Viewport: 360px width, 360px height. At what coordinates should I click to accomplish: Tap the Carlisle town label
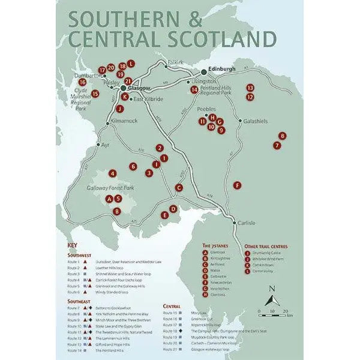[x=246, y=223]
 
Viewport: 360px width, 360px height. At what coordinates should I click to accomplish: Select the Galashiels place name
[x=254, y=121]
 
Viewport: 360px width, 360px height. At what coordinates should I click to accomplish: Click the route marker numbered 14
[x=194, y=89]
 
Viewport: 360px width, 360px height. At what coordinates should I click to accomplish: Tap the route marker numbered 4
[x=112, y=174]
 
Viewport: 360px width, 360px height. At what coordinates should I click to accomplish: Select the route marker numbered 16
[x=83, y=82]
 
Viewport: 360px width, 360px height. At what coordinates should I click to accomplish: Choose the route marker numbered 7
[x=277, y=145]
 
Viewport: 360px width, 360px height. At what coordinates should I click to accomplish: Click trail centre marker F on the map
[x=238, y=185]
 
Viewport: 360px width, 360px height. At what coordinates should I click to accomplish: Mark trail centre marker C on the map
[x=179, y=188]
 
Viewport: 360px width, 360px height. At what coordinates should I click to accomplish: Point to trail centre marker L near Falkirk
[x=131, y=64]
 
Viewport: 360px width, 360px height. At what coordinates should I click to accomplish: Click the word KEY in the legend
[x=73, y=245]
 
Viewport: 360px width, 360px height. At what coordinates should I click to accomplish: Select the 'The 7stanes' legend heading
[x=214, y=246]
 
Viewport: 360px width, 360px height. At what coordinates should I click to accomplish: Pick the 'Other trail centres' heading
[x=266, y=246]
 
